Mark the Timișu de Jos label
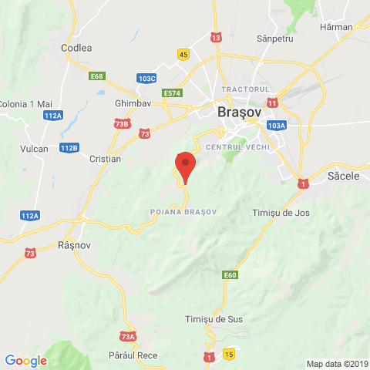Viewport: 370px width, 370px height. click(x=280, y=212)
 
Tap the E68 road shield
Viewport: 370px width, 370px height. click(x=97, y=76)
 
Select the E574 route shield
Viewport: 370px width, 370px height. click(x=173, y=93)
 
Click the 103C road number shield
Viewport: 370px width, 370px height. click(x=146, y=78)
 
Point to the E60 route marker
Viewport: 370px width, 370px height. click(x=230, y=274)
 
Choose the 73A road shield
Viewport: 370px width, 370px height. click(x=128, y=336)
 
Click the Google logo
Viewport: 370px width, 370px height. click(x=25, y=360)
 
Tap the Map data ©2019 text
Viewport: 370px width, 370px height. click(x=337, y=364)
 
